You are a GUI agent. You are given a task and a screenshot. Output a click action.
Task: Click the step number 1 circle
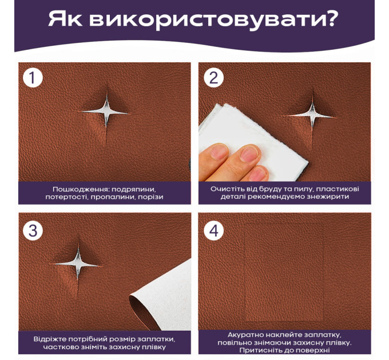pos(33,78)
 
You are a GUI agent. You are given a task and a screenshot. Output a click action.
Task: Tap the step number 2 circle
pos(213,78)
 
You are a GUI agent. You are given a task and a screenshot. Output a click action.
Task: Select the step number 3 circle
pos(33,231)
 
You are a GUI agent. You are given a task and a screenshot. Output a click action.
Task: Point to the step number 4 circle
pos(213,231)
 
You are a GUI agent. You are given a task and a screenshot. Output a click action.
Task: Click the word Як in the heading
pos(65,19)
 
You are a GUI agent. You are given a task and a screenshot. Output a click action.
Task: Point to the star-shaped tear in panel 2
pos(312,116)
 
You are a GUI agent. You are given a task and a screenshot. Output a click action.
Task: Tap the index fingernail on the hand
pos(249,154)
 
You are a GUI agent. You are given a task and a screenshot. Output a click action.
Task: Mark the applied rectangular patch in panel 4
pos(284,270)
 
